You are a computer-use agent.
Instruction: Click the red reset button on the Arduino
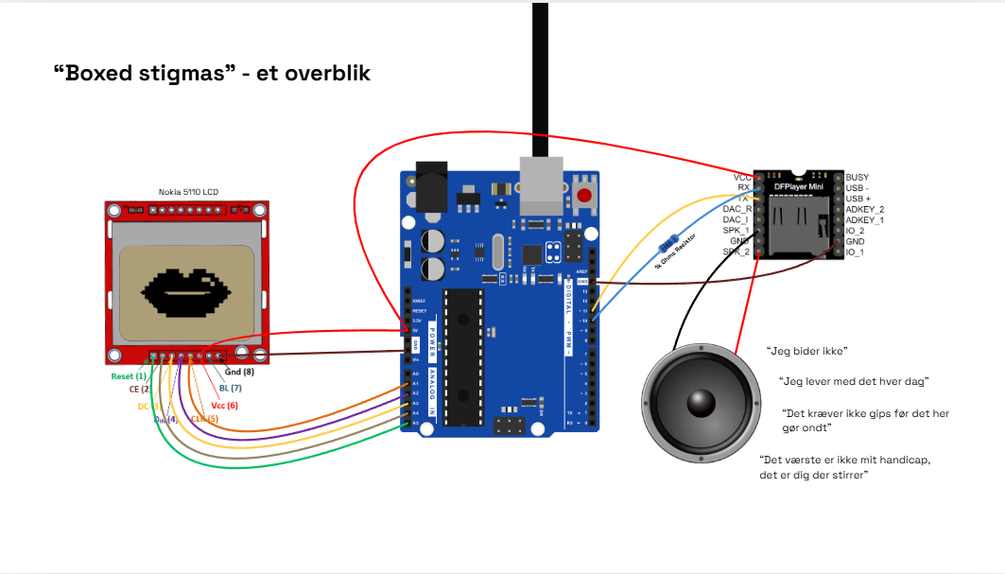pos(585,197)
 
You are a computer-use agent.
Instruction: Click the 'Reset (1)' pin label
pos(129,376)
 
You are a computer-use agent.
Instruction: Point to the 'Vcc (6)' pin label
pos(225,405)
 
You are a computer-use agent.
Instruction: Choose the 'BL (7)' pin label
pos(231,388)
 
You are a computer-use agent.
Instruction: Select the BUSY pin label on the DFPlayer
pos(857,178)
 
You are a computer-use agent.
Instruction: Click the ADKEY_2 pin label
pos(864,209)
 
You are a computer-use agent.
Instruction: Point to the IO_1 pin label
pos(855,252)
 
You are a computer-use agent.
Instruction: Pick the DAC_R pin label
pos(736,209)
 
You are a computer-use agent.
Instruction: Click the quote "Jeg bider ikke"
pos(806,351)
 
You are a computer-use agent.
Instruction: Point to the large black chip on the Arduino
pos(464,355)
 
